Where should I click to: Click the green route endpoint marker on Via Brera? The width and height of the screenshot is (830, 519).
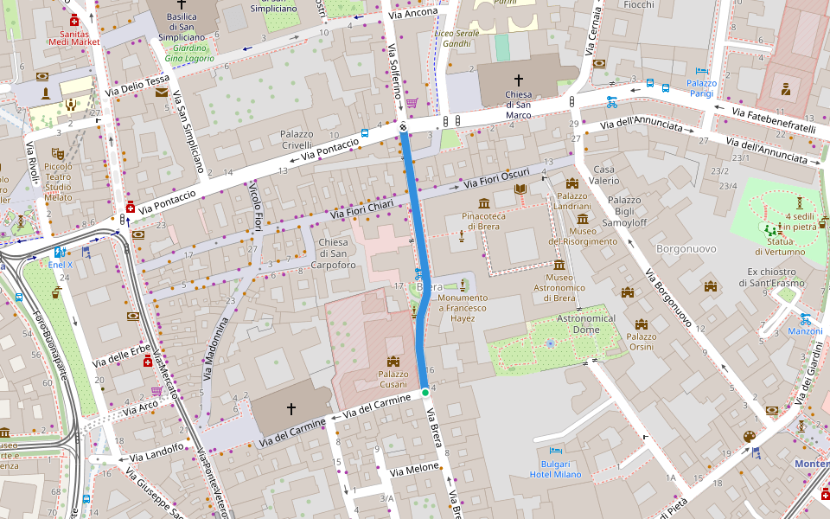click(425, 394)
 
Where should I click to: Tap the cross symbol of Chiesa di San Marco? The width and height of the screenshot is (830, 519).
click(519, 80)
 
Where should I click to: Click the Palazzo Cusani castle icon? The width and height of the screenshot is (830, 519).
click(393, 361)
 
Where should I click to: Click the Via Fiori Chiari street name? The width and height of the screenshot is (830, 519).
click(361, 208)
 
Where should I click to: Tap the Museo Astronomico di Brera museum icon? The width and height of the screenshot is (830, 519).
click(559, 265)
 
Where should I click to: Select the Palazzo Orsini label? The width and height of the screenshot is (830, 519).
click(641, 341)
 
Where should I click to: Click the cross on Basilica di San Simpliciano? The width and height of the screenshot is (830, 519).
click(182, 4)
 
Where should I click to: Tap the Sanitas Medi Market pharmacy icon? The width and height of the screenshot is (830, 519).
click(74, 20)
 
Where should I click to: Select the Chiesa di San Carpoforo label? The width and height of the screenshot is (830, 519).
click(333, 253)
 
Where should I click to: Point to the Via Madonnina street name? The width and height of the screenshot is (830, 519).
click(214, 349)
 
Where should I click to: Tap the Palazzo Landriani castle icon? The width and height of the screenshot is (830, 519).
click(571, 183)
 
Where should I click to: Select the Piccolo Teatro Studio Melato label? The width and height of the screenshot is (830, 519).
click(58, 182)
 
